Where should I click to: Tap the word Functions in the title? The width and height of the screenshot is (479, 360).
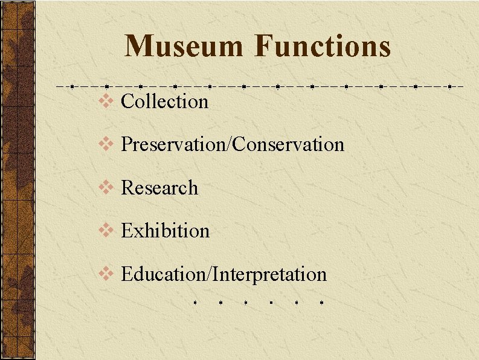323,47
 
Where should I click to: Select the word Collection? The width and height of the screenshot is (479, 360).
164,101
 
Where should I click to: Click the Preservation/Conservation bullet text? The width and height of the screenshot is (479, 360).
233,144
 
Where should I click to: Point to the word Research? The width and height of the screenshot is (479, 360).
159,188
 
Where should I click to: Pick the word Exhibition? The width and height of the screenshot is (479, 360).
165,231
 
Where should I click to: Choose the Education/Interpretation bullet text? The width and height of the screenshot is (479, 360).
223,274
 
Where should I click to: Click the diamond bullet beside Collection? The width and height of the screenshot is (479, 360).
105,101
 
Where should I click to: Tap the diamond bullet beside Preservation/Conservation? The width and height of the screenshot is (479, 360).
105,144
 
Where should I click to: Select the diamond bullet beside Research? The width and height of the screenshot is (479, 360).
105,188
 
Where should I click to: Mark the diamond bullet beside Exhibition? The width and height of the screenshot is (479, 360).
105,231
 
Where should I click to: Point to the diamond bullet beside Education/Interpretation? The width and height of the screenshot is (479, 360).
105,274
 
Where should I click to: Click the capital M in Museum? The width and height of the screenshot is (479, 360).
139,47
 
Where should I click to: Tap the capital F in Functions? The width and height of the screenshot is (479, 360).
263,47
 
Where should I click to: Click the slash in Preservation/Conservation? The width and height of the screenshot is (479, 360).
229,144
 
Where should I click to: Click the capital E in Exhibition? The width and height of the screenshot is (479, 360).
126,231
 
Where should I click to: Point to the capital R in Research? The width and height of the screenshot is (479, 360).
127,188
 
